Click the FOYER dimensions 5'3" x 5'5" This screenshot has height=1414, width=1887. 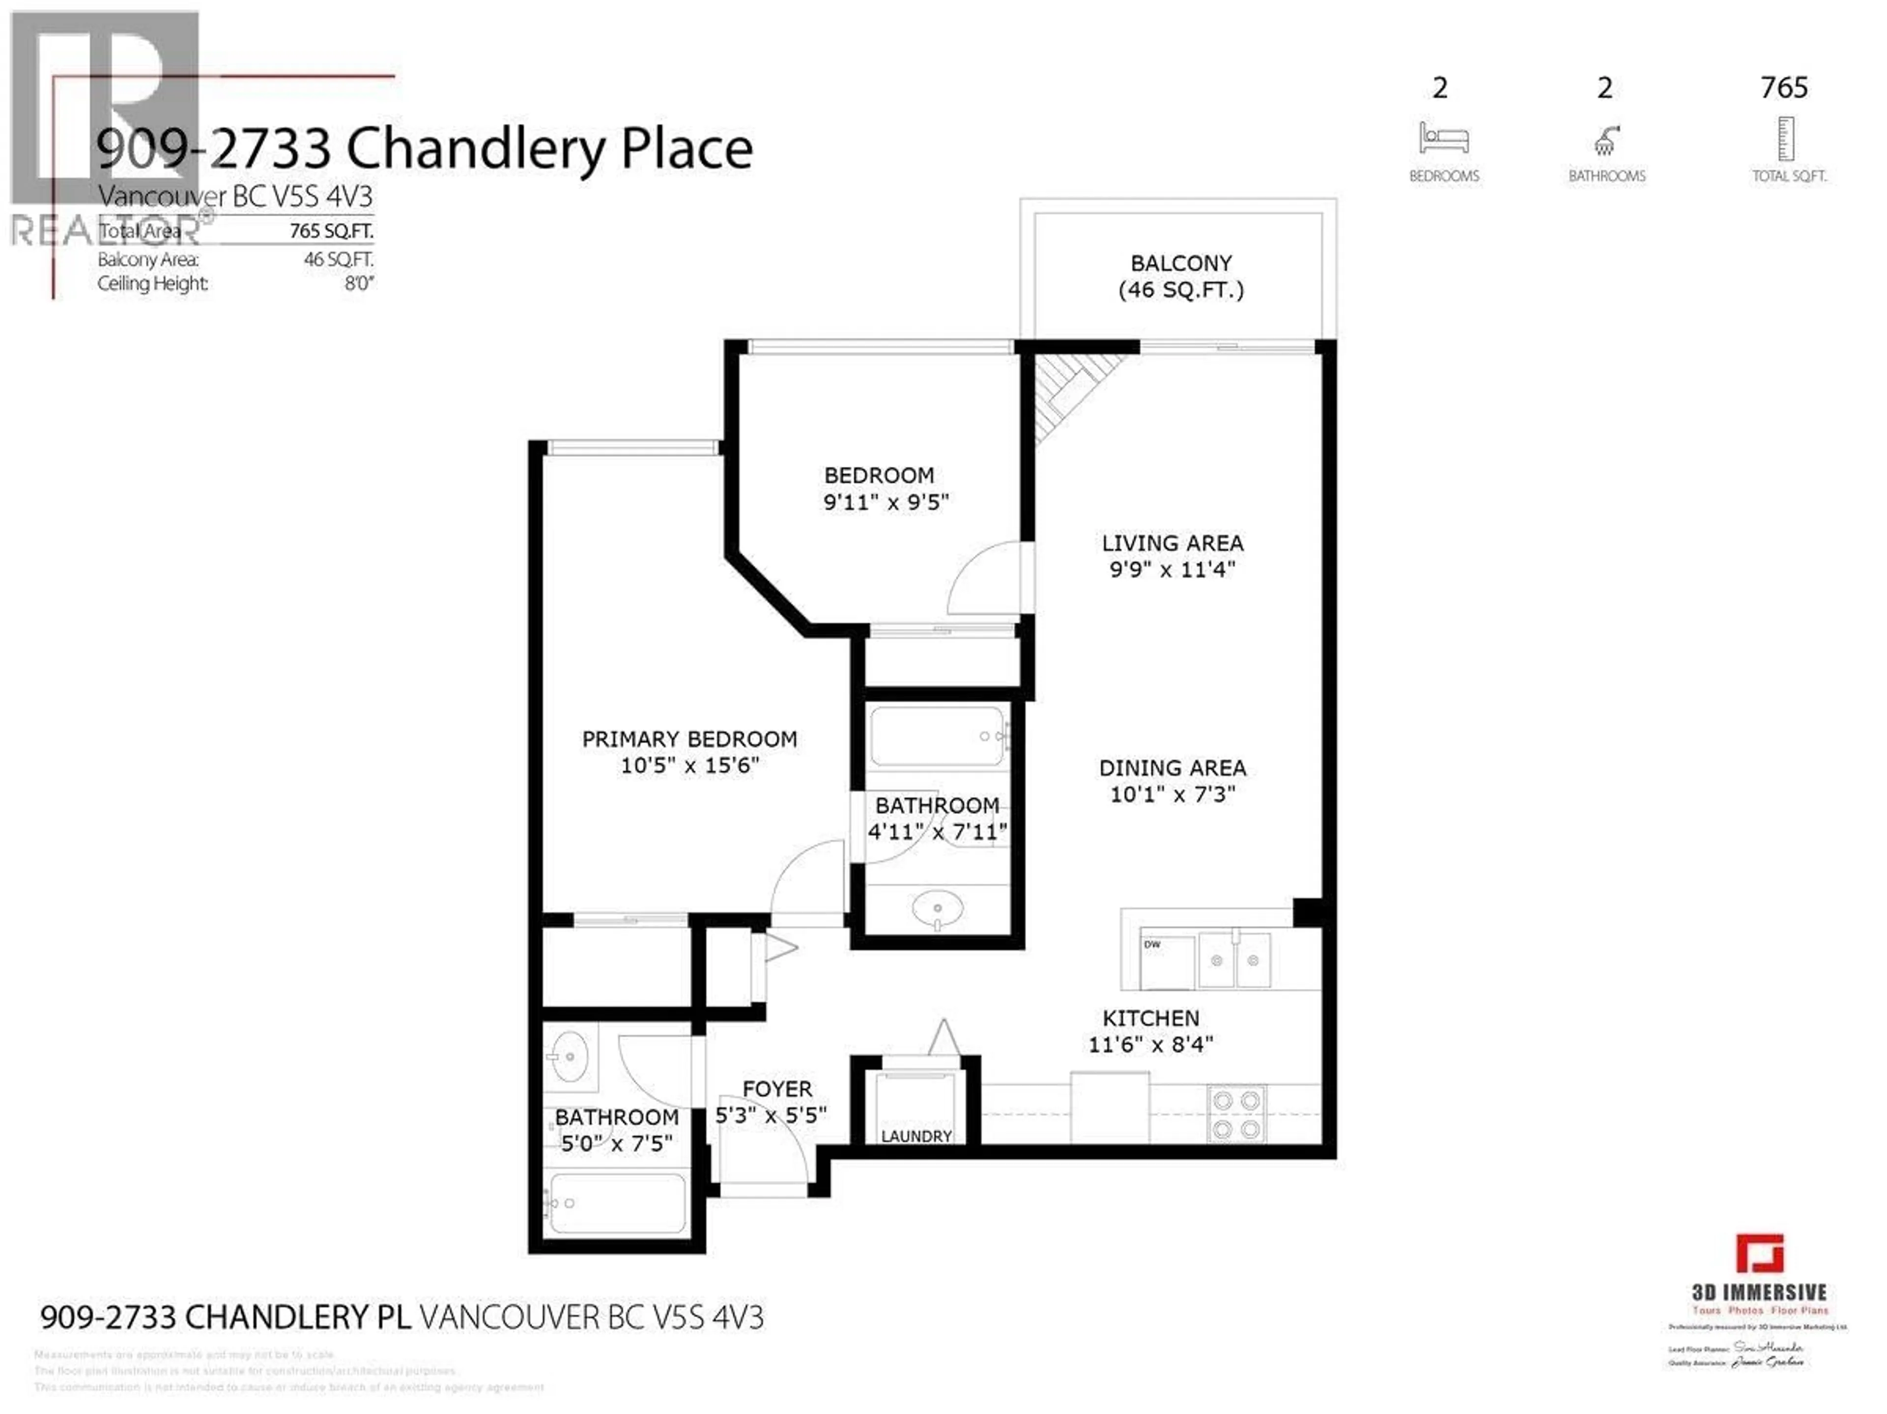(x=771, y=1115)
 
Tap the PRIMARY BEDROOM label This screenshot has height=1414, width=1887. (x=689, y=739)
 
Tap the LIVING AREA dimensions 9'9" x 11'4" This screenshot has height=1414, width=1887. (x=1172, y=569)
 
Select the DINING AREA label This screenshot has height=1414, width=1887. (x=1172, y=768)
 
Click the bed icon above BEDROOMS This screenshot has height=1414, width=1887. (x=1443, y=138)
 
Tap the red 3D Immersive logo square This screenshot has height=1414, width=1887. (x=1760, y=1254)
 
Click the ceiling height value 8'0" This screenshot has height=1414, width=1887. (x=359, y=283)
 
